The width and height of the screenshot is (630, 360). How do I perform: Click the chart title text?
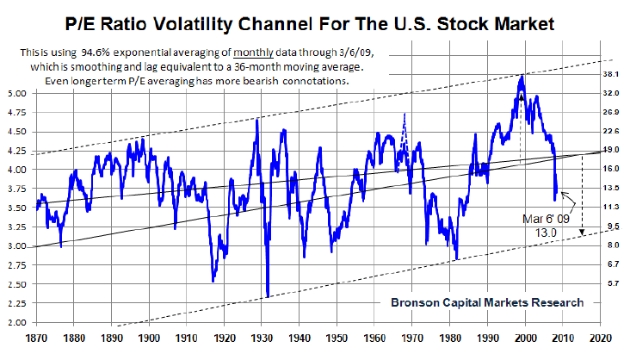coord(315,19)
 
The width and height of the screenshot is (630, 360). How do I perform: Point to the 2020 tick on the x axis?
coord(600,338)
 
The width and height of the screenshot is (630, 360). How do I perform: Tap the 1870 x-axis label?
coord(37,338)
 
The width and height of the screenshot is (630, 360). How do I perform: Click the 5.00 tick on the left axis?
coord(16,93)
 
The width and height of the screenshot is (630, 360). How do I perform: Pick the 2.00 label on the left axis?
coord(16,322)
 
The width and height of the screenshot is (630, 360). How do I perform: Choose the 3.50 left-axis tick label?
coord(16,208)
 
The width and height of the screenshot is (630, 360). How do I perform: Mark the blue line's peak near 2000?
coord(522,77)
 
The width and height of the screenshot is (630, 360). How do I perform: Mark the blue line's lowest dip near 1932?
coord(269,296)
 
